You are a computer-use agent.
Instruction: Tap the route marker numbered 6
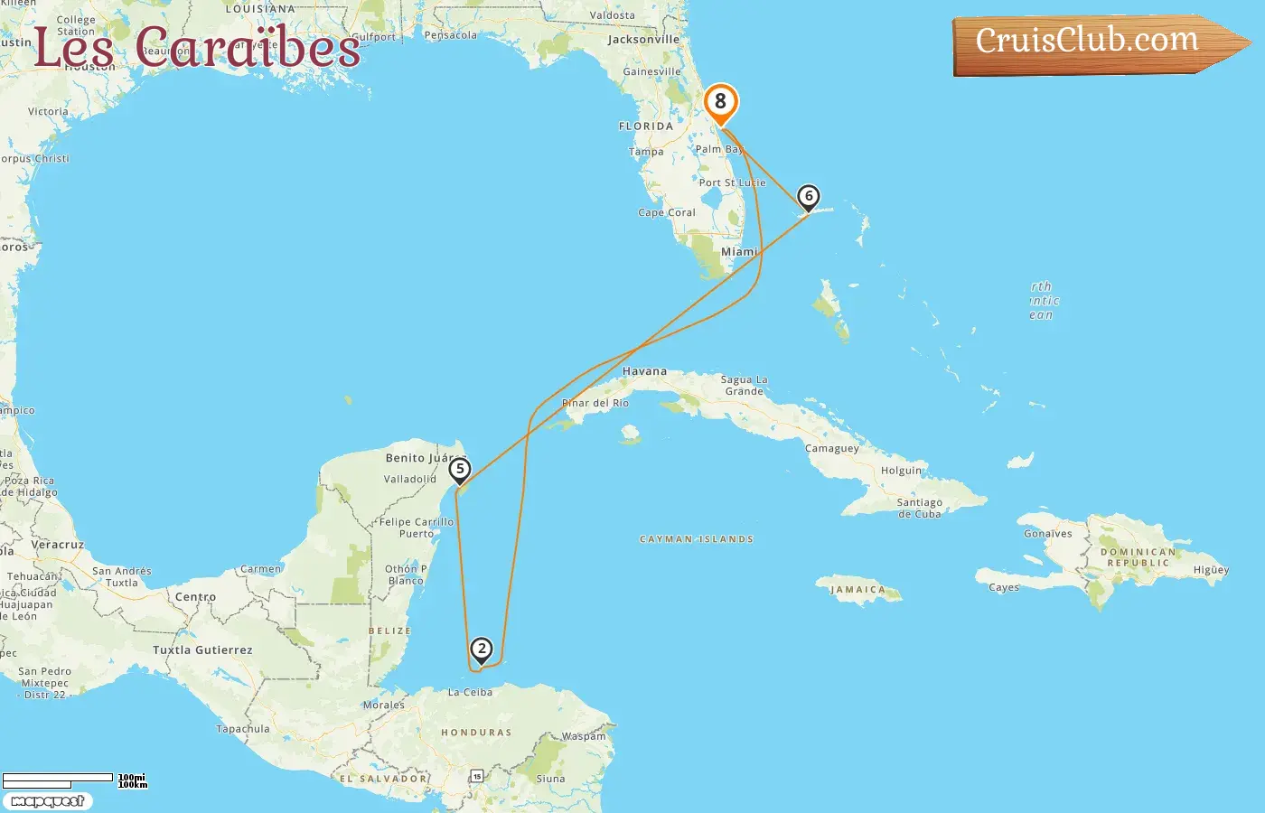click(x=808, y=197)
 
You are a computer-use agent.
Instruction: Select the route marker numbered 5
click(x=460, y=470)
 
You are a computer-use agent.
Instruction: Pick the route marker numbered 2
click(x=482, y=649)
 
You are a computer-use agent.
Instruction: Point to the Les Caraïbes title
click(x=196, y=47)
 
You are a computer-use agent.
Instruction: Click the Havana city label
click(x=644, y=371)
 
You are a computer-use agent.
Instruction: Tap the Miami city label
click(x=739, y=252)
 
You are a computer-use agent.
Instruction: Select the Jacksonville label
click(x=643, y=40)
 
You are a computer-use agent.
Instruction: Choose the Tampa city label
click(x=646, y=152)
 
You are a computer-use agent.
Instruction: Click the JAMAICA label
click(x=857, y=590)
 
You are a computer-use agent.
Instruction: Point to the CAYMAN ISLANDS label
click(x=697, y=539)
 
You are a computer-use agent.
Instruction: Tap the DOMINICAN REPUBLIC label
click(x=1138, y=557)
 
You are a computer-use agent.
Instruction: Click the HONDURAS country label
click(x=476, y=733)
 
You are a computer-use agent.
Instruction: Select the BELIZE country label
click(x=389, y=631)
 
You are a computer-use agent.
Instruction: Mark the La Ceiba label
click(x=470, y=693)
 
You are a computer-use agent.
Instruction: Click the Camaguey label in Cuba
click(x=832, y=449)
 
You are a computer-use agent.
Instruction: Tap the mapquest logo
click(x=47, y=801)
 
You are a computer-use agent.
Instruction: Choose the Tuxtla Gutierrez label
click(x=202, y=650)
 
